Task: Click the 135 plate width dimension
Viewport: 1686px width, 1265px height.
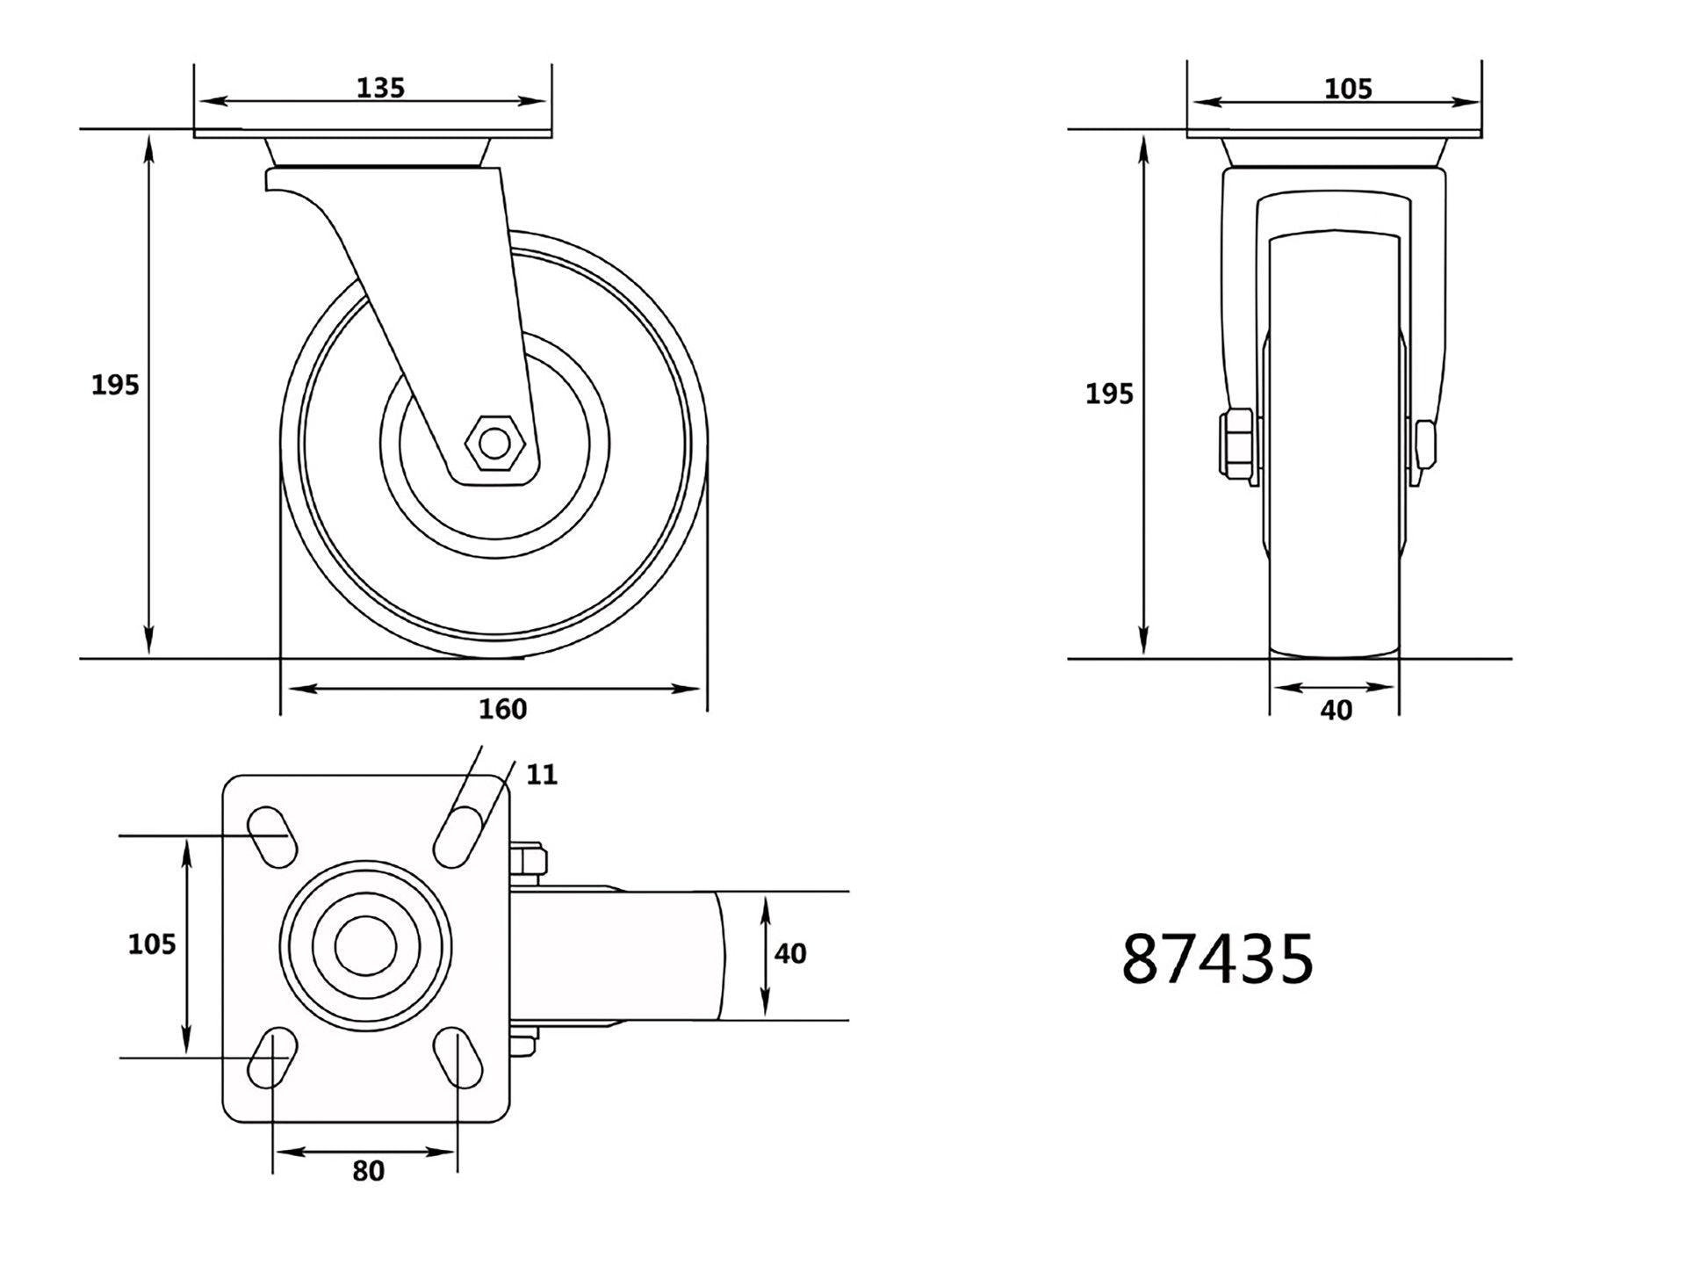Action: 380,88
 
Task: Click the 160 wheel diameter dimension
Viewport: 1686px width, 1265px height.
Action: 502,709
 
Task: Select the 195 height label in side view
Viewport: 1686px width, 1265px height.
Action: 115,385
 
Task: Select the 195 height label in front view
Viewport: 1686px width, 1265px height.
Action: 1109,394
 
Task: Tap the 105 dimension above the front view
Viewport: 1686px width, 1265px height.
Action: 1347,89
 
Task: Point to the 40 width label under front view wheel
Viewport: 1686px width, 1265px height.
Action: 1336,710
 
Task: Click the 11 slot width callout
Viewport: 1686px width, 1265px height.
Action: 542,775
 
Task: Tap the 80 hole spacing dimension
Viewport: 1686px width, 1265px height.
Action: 368,1171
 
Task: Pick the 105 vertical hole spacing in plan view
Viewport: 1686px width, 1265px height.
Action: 152,944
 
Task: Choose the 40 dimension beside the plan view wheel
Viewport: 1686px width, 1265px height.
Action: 790,954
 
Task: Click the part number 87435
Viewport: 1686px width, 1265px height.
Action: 1217,959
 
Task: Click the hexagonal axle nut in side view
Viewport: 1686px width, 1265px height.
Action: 496,444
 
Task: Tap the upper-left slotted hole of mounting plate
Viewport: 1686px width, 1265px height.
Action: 271,836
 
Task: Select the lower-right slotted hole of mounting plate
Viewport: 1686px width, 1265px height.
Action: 458,1059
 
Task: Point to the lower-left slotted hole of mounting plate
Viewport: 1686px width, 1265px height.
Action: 271,1058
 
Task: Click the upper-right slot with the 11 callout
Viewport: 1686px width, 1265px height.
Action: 458,836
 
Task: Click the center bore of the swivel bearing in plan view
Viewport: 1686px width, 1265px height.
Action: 364,946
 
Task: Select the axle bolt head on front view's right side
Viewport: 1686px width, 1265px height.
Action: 1425,451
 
